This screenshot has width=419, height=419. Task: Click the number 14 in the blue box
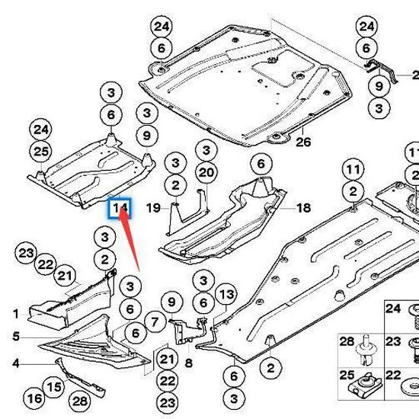pyautogui.click(x=120, y=208)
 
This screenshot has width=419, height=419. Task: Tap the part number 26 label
pyautogui.click(x=304, y=142)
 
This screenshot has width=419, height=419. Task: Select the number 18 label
pyautogui.click(x=303, y=207)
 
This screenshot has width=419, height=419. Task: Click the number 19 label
pyautogui.click(x=152, y=207)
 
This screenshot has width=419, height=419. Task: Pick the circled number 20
pyautogui.click(x=206, y=173)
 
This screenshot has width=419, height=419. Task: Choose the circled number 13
pyautogui.click(x=226, y=295)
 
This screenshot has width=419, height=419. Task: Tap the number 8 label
pyautogui.click(x=188, y=364)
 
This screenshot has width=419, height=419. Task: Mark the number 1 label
pyautogui.click(x=15, y=313)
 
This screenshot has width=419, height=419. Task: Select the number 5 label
pyautogui.click(x=15, y=336)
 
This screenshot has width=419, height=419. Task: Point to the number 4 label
pyautogui.click(x=15, y=363)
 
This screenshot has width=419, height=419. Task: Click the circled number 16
pyautogui.click(x=34, y=398)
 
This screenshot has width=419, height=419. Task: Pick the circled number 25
pyautogui.click(x=41, y=152)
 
